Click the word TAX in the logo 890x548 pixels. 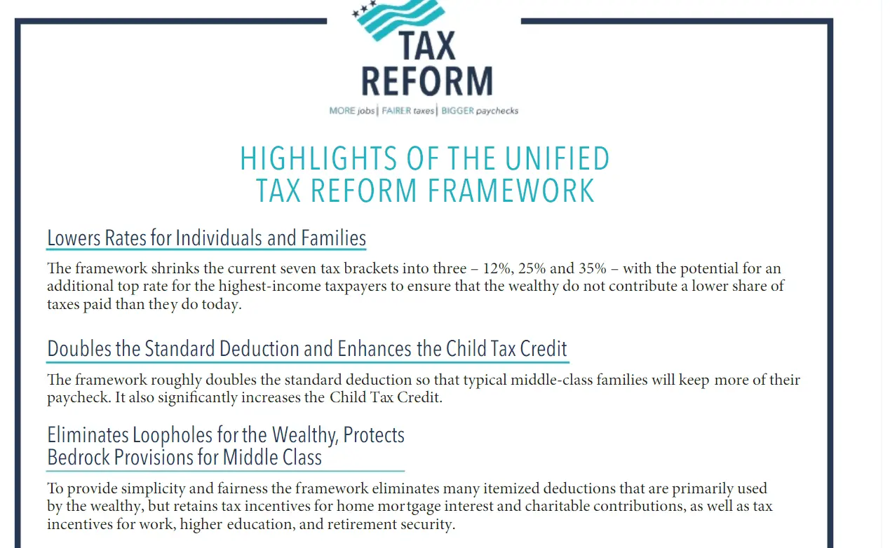pos(427,46)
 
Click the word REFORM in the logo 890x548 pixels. pos(427,81)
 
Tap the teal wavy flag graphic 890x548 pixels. pos(398,19)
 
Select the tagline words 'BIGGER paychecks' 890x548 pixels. pos(480,111)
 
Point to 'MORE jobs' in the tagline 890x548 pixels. pos(352,111)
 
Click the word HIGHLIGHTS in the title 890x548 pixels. pos(318,159)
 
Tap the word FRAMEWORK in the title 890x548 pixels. pos(511,191)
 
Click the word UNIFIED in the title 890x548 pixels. pos(557,159)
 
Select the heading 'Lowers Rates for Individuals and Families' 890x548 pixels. pos(207,238)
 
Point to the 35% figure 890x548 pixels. pos(593,269)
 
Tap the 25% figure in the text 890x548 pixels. pos(532,269)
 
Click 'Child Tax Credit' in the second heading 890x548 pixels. pos(506,349)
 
